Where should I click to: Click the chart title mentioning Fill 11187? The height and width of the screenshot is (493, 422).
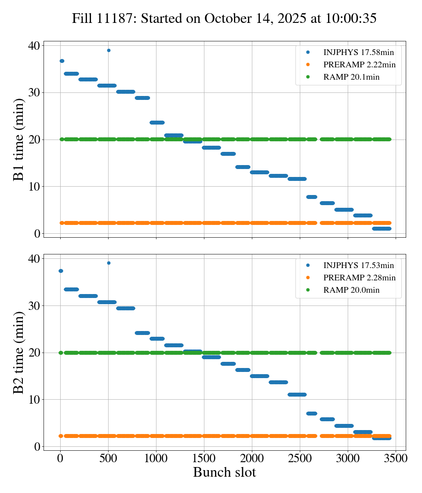click(x=224, y=18)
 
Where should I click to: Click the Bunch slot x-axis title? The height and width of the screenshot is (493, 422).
click(x=224, y=473)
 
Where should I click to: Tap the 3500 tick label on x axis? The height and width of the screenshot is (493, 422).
click(x=396, y=458)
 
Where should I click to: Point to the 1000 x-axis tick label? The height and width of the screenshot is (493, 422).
click(x=156, y=458)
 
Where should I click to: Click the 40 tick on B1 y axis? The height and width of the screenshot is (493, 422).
click(x=34, y=46)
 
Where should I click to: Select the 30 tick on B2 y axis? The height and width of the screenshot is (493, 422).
click(x=34, y=305)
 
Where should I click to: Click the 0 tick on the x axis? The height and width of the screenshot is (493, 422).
click(x=60, y=458)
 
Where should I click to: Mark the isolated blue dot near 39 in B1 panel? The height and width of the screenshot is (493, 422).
click(x=109, y=50)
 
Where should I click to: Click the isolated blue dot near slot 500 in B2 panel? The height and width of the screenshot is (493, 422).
click(x=109, y=263)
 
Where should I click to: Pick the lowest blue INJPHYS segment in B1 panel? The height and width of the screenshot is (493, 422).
click(x=381, y=228)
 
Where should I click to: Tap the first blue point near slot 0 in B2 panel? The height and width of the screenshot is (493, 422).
click(x=61, y=271)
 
